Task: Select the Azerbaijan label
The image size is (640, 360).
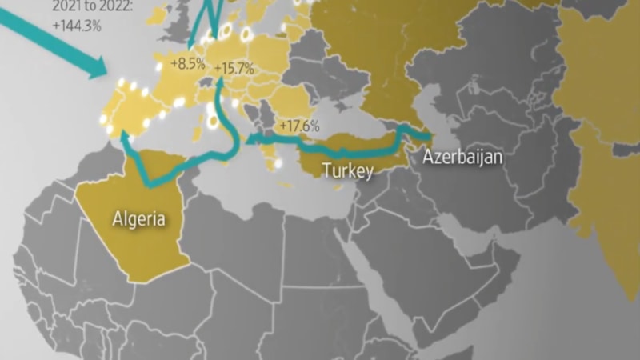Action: click(x=463, y=158)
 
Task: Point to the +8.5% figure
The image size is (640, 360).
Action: click(x=188, y=62)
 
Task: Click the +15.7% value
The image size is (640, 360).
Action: click(x=234, y=70)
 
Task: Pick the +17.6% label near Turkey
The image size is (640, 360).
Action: click(x=299, y=126)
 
